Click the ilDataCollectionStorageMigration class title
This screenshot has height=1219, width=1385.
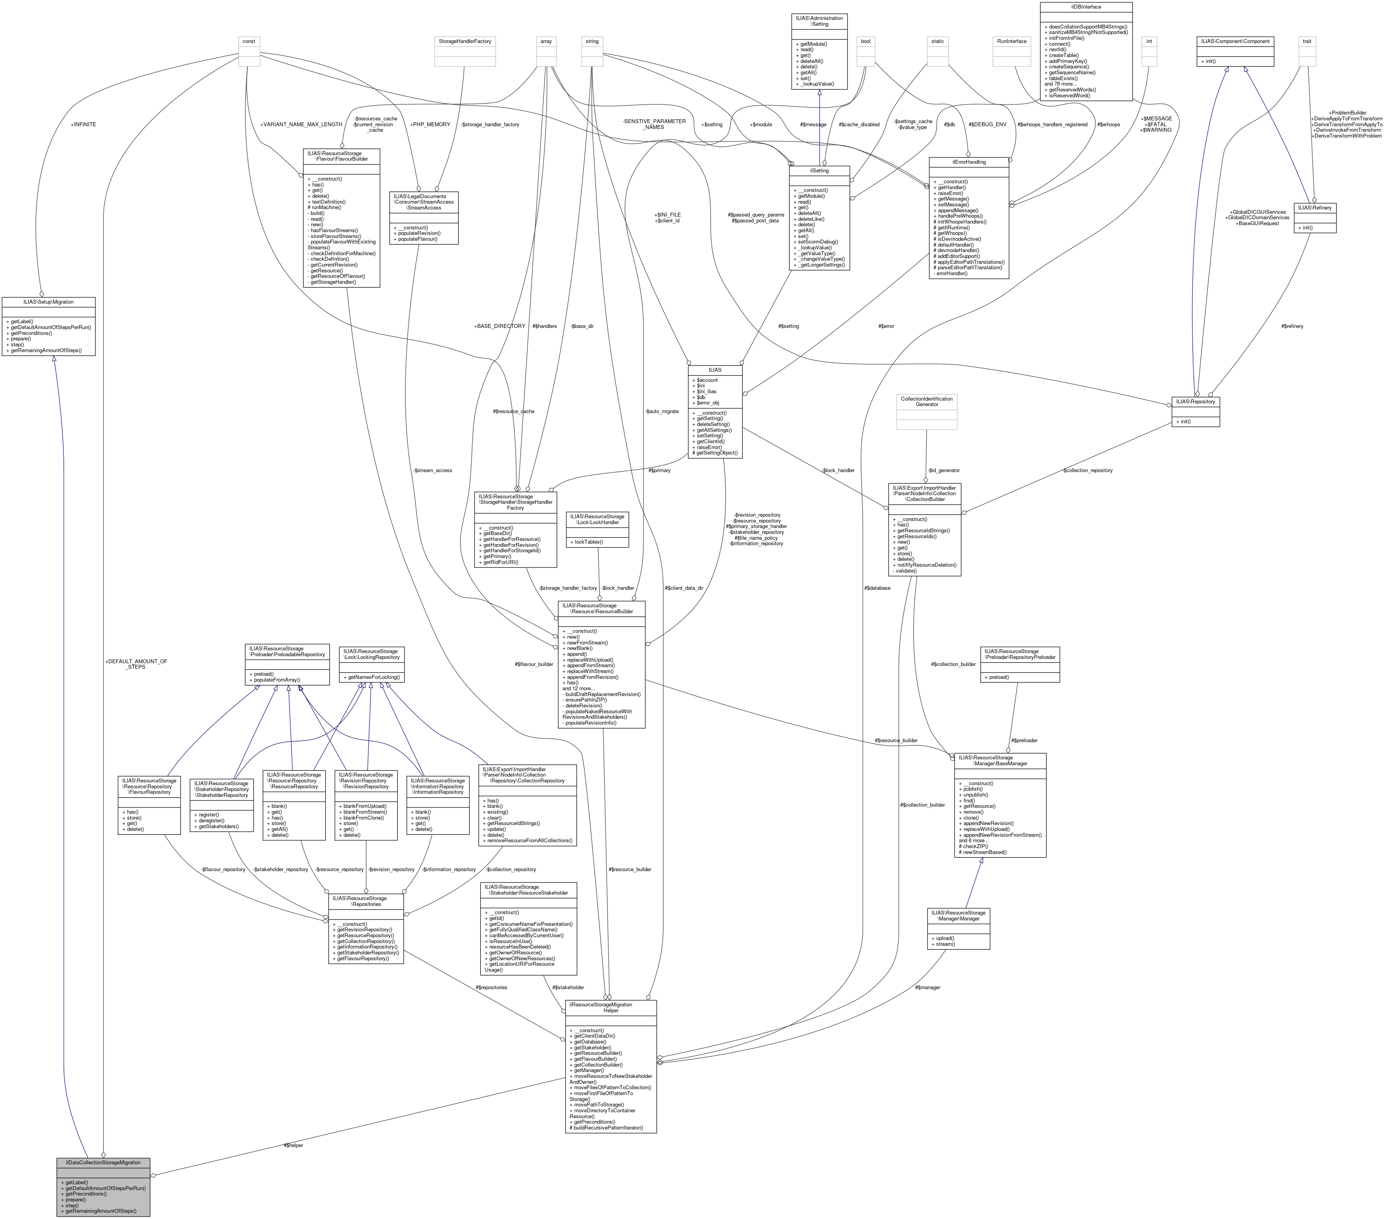click(x=103, y=1162)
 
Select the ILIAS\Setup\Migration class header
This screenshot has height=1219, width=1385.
click(x=48, y=302)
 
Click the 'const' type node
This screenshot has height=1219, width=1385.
click(x=249, y=41)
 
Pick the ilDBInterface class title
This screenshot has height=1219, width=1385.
click(x=1086, y=7)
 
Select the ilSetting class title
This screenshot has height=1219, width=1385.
click(x=819, y=171)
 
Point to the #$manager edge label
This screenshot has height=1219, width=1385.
click(x=928, y=987)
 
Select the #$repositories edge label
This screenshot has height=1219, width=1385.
click(x=491, y=987)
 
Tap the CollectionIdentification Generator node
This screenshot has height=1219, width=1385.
click(x=926, y=401)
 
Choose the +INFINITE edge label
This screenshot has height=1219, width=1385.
click(x=83, y=125)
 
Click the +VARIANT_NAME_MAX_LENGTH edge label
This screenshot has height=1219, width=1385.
click(x=301, y=125)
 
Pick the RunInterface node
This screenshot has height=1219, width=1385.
click(x=1012, y=41)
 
